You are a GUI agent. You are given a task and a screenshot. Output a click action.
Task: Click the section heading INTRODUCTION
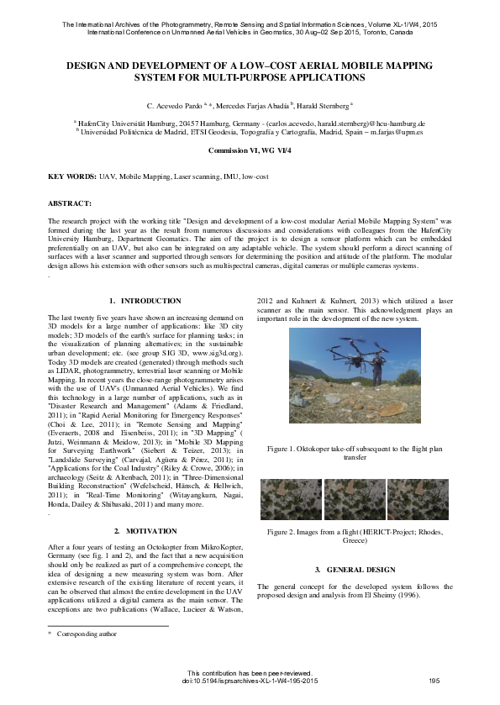pos(145,300)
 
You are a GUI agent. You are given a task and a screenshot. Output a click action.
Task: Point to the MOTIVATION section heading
pos(145,531)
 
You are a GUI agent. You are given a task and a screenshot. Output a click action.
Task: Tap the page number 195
pos(434,681)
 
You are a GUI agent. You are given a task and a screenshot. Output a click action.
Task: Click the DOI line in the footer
pos(250,681)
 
